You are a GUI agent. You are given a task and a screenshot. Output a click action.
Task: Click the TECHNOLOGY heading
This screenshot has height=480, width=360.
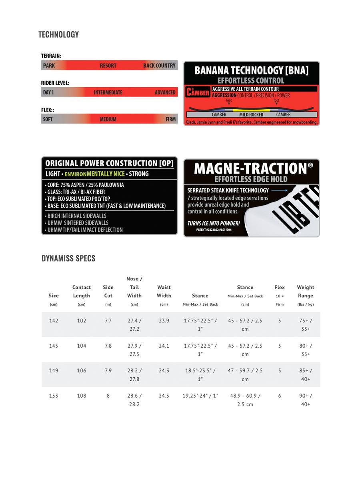pos(58,35)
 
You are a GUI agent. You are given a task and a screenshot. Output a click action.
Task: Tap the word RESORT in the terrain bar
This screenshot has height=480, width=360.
pos(108,66)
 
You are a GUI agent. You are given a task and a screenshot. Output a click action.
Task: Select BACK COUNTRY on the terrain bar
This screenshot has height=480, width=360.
pos(159,66)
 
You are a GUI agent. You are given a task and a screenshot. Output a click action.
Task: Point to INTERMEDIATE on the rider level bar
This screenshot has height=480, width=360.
pos(108,92)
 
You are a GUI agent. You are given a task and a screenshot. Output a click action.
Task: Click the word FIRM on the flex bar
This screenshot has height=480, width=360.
pos(170,119)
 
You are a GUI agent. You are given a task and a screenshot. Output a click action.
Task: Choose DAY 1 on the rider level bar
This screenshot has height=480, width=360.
pos(48,92)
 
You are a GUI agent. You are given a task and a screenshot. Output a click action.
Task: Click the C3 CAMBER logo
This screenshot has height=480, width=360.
pos(198,92)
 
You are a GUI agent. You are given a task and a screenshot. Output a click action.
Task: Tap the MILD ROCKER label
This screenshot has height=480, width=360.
pos(251,115)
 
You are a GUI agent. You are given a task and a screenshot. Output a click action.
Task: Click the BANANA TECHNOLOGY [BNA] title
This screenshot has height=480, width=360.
pos(251,70)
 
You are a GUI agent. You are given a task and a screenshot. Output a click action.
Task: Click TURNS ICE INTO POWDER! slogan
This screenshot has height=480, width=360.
pos(214,223)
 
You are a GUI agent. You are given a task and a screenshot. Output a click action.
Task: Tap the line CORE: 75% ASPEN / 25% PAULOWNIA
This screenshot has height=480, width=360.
pos(85,185)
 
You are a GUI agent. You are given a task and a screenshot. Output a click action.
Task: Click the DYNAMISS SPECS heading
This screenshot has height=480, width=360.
pos(68,258)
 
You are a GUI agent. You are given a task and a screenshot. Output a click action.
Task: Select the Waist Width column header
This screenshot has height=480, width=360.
pos(164,292)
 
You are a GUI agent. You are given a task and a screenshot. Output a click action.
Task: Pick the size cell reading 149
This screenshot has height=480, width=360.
pos(54,370)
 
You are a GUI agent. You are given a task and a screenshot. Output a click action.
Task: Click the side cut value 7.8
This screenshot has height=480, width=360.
pos(108,346)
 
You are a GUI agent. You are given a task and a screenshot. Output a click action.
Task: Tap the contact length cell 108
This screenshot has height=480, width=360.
pos(82,396)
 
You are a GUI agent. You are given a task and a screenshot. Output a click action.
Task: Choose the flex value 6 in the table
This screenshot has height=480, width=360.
pos(280,396)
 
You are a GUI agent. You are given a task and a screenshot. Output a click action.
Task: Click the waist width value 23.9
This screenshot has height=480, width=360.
pos(164,321)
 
